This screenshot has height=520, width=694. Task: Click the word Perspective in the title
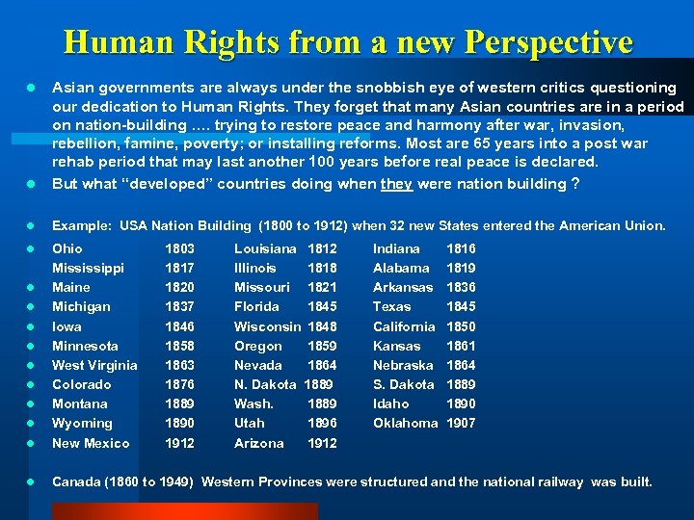pyautogui.click(x=547, y=42)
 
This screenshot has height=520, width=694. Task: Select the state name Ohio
pyautogui.click(x=67, y=248)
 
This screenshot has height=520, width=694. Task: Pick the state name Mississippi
pyautogui.click(x=88, y=268)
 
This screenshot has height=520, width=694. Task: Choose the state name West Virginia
pyautogui.click(x=94, y=365)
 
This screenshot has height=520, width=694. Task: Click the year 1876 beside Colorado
pyautogui.click(x=180, y=384)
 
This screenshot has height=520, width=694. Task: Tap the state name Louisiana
pyautogui.click(x=265, y=248)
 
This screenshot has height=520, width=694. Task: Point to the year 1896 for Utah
pyautogui.click(x=322, y=423)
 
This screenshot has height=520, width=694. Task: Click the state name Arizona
pyautogui.click(x=259, y=443)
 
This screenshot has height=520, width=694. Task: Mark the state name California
pyautogui.click(x=404, y=326)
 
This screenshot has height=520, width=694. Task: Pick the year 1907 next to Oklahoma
pyautogui.click(x=461, y=423)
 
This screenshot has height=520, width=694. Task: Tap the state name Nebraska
pyautogui.click(x=403, y=365)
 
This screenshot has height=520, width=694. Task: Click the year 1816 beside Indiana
pyautogui.click(x=461, y=248)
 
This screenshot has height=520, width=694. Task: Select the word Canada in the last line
pyautogui.click(x=74, y=481)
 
